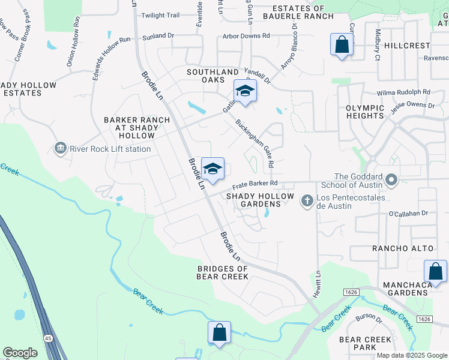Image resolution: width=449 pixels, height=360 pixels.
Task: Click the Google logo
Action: pyautogui.click(x=20, y=353)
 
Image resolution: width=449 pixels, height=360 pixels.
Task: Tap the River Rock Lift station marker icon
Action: pyautogui.click(x=60, y=148)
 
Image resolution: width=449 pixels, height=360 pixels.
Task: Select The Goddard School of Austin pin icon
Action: pyautogui.click(x=392, y=180)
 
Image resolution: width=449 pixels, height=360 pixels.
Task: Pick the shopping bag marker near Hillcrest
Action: pyautogui.click(x=342, y=45)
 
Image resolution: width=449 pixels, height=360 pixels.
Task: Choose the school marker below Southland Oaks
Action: pyautogui.click(x=245, y=91)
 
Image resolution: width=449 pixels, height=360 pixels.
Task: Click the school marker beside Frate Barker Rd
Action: pyautogui.click(x=212, y=169)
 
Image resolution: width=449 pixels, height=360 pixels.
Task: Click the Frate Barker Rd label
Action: pyautogui.click(x=255, y=183)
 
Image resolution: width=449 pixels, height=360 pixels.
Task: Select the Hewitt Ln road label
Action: pyautogui.click(x=318, y=281)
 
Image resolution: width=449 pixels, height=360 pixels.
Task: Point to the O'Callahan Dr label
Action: pyautogui.click(x=408, y=213)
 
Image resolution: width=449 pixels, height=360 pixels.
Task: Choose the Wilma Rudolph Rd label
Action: pyautogui.click(x=404, y=92)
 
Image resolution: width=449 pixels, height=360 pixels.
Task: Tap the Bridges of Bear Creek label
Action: pyautogui.click(x=222, y=272)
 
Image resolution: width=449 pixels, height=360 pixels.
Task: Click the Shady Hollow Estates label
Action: pyautogui.click(x=28, y=89)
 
